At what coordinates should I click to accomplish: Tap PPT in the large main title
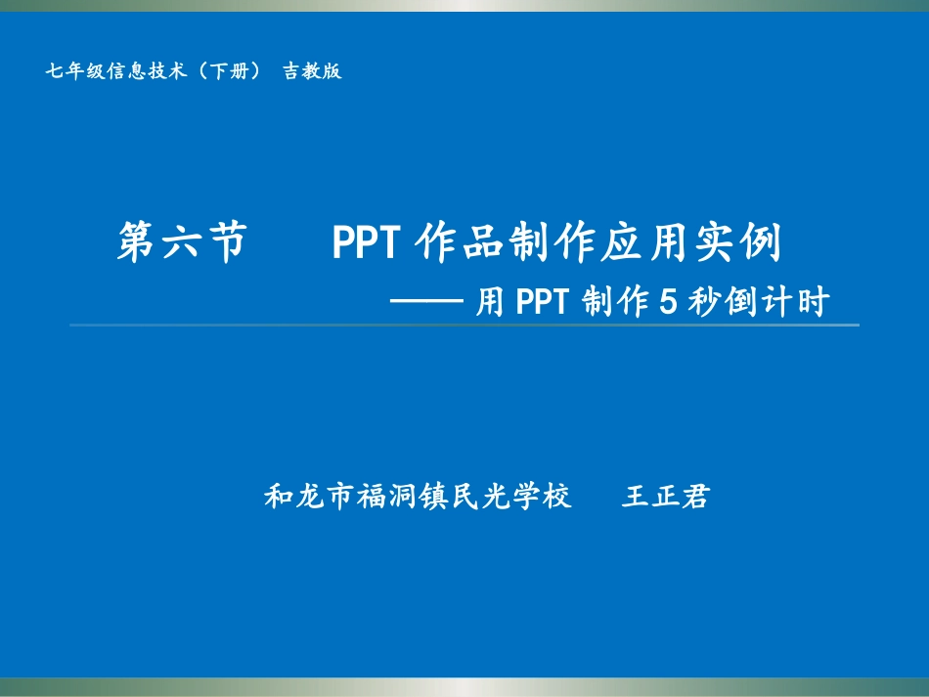click(x=364, y=242)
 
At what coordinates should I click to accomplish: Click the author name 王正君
click(x=665, y=498)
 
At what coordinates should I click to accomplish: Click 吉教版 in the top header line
click(x=313, y=71)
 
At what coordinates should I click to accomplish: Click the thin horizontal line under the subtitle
click(x=464, y=325)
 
